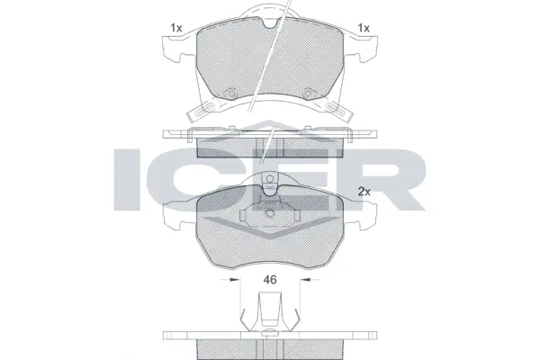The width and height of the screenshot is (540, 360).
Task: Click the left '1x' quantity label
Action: [x=175, y=29]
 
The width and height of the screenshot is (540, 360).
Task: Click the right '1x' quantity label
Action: [x=364, y=29]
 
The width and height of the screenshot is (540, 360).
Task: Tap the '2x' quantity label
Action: [x=364, y=192]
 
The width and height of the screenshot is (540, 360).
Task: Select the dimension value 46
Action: [x=269, y=280]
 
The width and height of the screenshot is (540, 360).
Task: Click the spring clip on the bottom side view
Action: [x=270, y=319]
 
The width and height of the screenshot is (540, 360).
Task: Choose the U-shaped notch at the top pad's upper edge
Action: [x=270, y=21]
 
